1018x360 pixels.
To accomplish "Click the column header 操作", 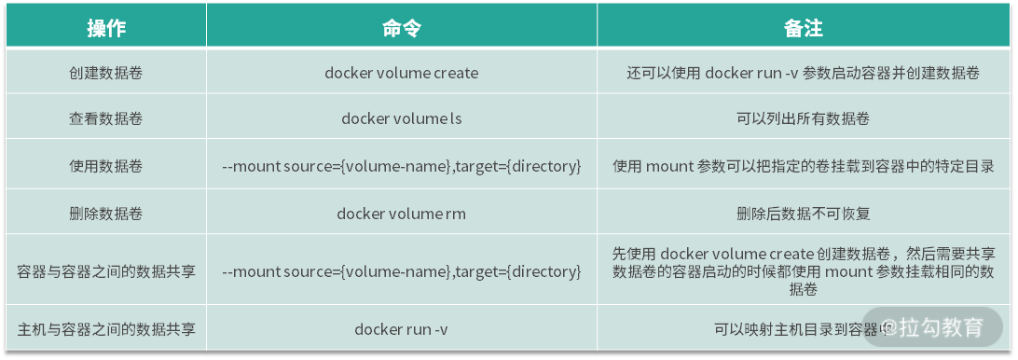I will pyautogui.click(x=105, y=29).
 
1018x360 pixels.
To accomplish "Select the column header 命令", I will pyautogui.click(x=402, y=29).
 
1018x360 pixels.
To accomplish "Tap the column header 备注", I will pyautogui.click(x=803, y=29).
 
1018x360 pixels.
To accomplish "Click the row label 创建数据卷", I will pyautogui.click(x=105, y=73).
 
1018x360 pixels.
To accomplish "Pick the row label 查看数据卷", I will pyautogui.click(x=105, y=119).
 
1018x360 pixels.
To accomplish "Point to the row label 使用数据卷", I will pyautogui.click(x=105, y=166).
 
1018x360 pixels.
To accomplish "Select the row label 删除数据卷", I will pyautogui.click(x=105, y=214).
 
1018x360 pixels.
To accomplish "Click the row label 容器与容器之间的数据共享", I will pyautogui.click(x=105, y=271).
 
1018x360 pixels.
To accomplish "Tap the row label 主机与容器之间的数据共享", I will pyautogui.click(x=105, y=328).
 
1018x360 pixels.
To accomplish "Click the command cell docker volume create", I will pyautogui.click(x=402, y=73).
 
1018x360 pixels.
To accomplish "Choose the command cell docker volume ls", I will pyautogui.click(x=402, y=119).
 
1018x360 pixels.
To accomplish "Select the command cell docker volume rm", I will pyautogui.click(x=402, y=214).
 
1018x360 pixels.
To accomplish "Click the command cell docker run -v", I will pyautogui.click(x=402, y=328).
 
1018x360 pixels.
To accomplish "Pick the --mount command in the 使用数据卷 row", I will pyautogui.click(x=402, y=166).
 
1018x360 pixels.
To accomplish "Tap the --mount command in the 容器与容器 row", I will pyautogui.click(x=402, y=271).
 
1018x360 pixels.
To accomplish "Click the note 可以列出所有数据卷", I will pyautogui.click(x=803, y=119).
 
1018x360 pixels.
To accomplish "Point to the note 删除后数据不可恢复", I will pyautogui.click(x=803, y=214).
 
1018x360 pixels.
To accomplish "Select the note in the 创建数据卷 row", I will pyautogui.click(x=803, y=73).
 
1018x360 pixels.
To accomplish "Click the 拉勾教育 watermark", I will pyautogui.click(x=934, y=327).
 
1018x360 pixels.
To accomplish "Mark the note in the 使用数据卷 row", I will pyautogui.click(x=803, y=166).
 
